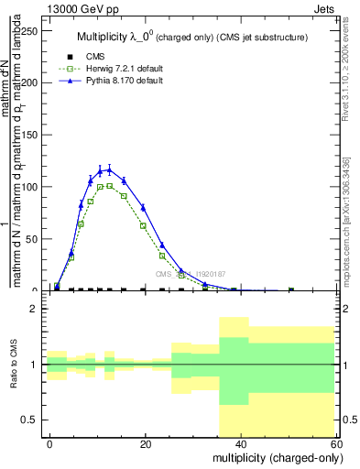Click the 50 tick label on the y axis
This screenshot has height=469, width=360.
(x=33, y=239)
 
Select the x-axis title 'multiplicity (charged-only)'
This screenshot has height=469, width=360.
(x=274, y=457)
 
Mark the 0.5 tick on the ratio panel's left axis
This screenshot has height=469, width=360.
(x=33, y=420)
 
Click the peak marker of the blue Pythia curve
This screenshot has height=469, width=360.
(x=109, y=169)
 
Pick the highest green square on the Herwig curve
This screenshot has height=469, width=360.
(x=109, y=185)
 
